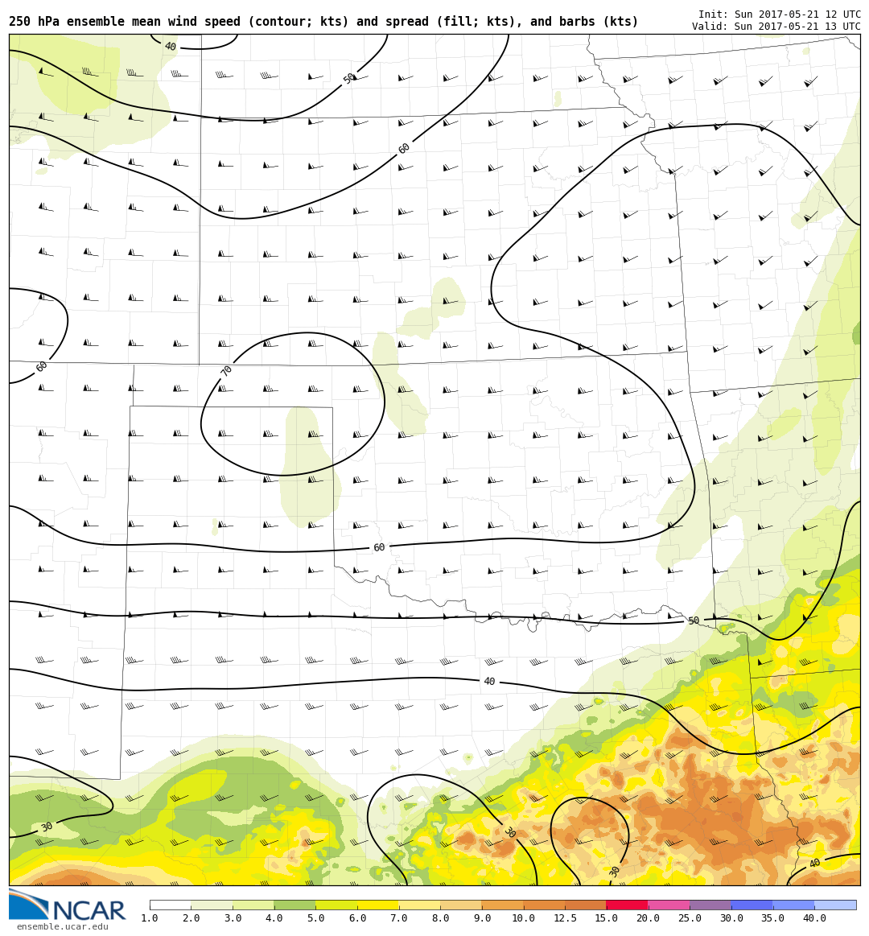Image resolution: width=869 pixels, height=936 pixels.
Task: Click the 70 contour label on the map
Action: tap(227, 371)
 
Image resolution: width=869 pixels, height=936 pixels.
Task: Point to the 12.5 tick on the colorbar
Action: tap(565, 918)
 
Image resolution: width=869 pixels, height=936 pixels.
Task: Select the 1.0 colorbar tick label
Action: tap(150, 918)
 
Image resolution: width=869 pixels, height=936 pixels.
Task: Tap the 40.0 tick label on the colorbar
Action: tap(814, 918)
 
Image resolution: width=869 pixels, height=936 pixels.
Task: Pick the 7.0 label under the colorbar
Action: tap(399, 918)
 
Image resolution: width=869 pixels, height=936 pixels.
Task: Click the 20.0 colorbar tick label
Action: tap(648, 918)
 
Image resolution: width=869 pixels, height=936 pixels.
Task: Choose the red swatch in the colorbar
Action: tap(627, 905)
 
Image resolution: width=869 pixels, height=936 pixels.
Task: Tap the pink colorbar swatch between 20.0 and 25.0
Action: tap(669, 905)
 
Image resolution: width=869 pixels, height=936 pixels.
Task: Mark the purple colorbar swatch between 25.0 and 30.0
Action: tap(710, 905)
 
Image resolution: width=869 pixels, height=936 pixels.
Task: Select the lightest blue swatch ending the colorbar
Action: tap(835, 905)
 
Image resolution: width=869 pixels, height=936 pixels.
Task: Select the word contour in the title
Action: tap(255, 23)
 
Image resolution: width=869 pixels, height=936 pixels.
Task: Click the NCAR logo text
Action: tap(89, 911)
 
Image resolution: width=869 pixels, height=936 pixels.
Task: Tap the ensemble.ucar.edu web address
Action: tap(62, 927)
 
